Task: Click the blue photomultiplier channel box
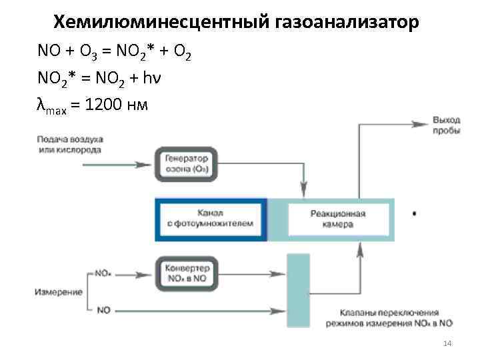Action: (x=211, y=219)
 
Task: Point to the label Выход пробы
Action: (x=446, y=125)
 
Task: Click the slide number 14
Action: (x=447, y=343)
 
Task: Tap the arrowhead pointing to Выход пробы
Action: (x=421, y=123)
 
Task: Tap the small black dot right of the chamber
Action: (x=415, y=214)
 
